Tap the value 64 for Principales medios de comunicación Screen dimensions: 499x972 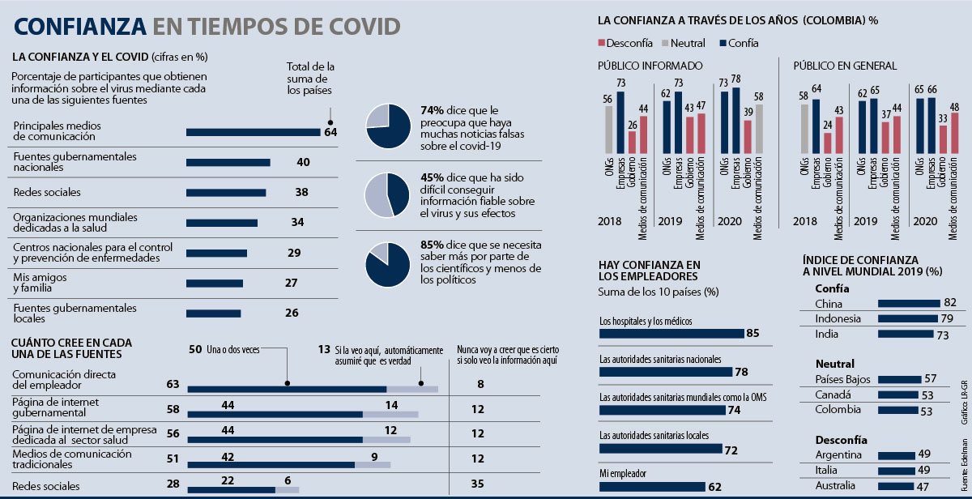click(330, 132)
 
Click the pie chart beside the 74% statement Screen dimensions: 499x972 click(389, 126)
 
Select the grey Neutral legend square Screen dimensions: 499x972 click(662, 43)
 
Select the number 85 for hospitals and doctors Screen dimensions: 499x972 click(752, 333)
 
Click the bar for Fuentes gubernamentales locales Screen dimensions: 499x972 click(213, 313)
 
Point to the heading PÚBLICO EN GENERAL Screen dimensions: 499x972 click(844, 66)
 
